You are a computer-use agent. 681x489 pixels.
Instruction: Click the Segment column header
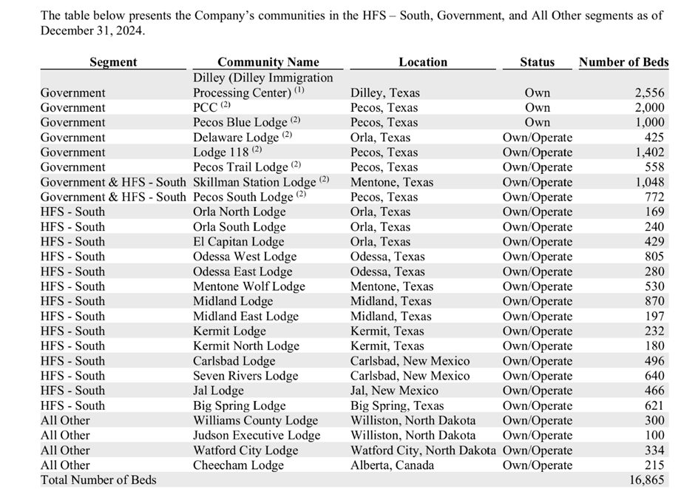point(113,62)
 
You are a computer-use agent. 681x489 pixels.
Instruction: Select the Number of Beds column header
point(623,62)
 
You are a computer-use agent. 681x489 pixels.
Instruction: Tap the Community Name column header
point(268,62)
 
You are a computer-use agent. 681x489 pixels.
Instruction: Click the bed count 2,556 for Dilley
point(649,93)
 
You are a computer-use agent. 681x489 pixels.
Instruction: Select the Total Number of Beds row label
point(98,480)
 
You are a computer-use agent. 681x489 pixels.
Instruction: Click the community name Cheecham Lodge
point(238,465)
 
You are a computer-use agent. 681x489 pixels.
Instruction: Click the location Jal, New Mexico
point(394,391)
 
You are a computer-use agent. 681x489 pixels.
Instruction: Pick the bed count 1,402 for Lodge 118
point(649,152)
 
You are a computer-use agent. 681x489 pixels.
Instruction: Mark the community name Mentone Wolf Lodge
point(248,286)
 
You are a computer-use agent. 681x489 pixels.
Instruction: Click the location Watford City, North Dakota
point(424,451)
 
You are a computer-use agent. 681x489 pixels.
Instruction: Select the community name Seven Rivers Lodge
point(245,376)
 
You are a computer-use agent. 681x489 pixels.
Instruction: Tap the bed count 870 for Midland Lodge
point(654,301)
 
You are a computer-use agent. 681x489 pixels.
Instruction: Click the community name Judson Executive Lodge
point(257,436)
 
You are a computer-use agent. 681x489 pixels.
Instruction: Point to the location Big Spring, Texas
point(397,405)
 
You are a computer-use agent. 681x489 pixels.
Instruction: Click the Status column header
point(537,62)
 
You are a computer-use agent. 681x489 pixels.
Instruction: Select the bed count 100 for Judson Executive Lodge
point(654,436)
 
